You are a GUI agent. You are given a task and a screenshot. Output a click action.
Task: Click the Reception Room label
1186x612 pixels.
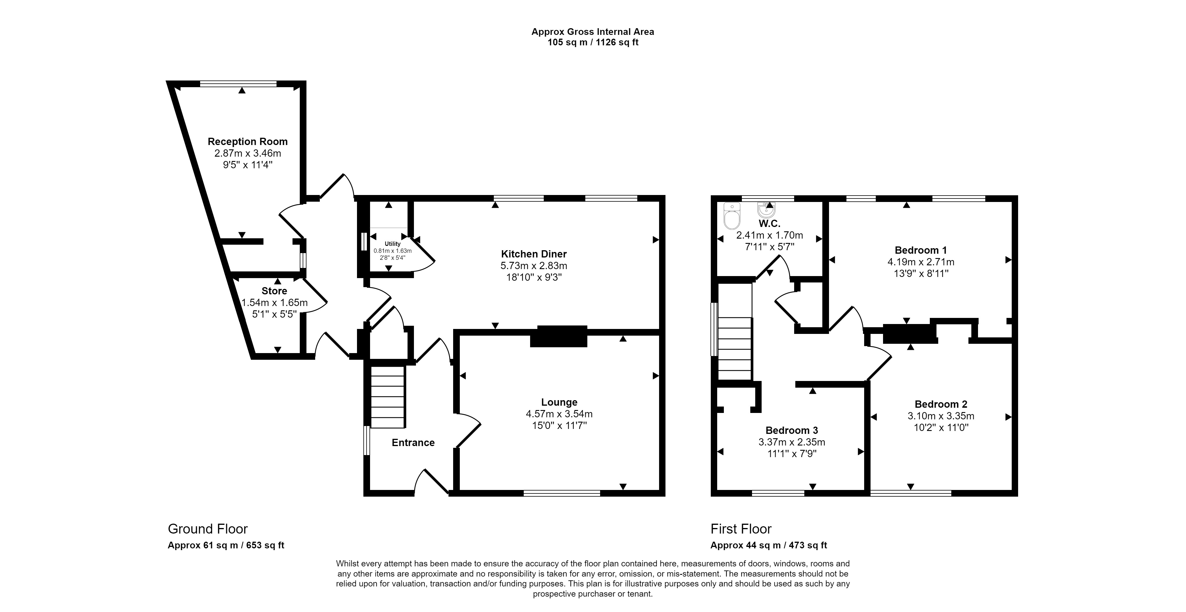click(248, 141)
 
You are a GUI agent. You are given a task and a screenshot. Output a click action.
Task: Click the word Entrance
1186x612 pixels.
click(413, 443)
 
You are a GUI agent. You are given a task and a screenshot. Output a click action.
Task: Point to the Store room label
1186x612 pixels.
click(274, 291)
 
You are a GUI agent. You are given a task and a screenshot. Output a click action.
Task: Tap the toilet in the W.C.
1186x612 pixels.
click(732, 216)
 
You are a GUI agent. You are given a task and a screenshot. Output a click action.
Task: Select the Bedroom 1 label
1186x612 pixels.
click(921, 250)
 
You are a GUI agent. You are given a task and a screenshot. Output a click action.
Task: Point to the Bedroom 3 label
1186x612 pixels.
click(792, 431)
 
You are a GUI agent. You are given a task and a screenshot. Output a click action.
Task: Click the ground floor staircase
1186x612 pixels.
click(388, 396)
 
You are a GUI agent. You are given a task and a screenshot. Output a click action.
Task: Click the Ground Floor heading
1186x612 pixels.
click(208, 529)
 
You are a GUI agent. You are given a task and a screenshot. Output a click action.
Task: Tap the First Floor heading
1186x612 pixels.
click(741, 529)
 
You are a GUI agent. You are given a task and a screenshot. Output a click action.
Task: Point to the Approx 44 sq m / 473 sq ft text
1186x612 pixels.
click(768, 545)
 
